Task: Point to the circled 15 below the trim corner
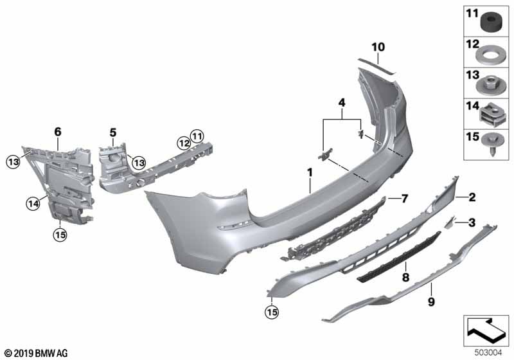click(272, 312)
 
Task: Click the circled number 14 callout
click(33, 204)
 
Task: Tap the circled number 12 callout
click(184, 143)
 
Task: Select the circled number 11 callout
click(197, 136)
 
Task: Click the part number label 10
click(378, 47)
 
